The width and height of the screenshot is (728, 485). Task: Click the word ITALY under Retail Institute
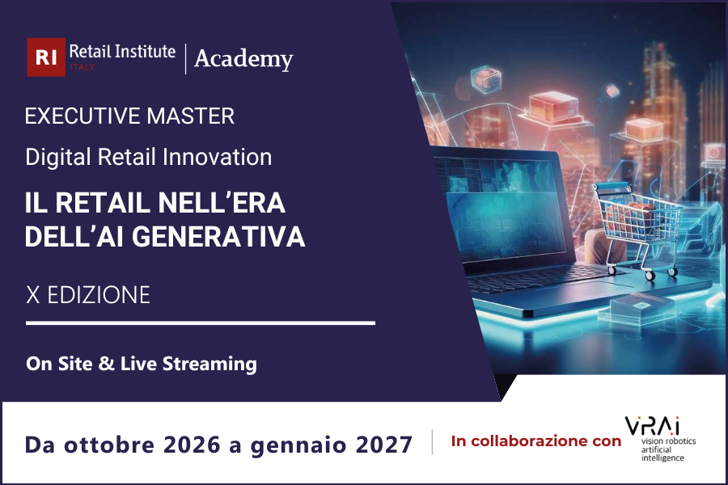pos(83,67)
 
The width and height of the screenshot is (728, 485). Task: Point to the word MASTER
pos(190,116)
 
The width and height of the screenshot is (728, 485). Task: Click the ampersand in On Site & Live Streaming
pos(104,364)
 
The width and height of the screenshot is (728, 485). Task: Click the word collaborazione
pos(548,441)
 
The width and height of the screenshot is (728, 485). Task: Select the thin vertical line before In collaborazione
pos(432,441)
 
